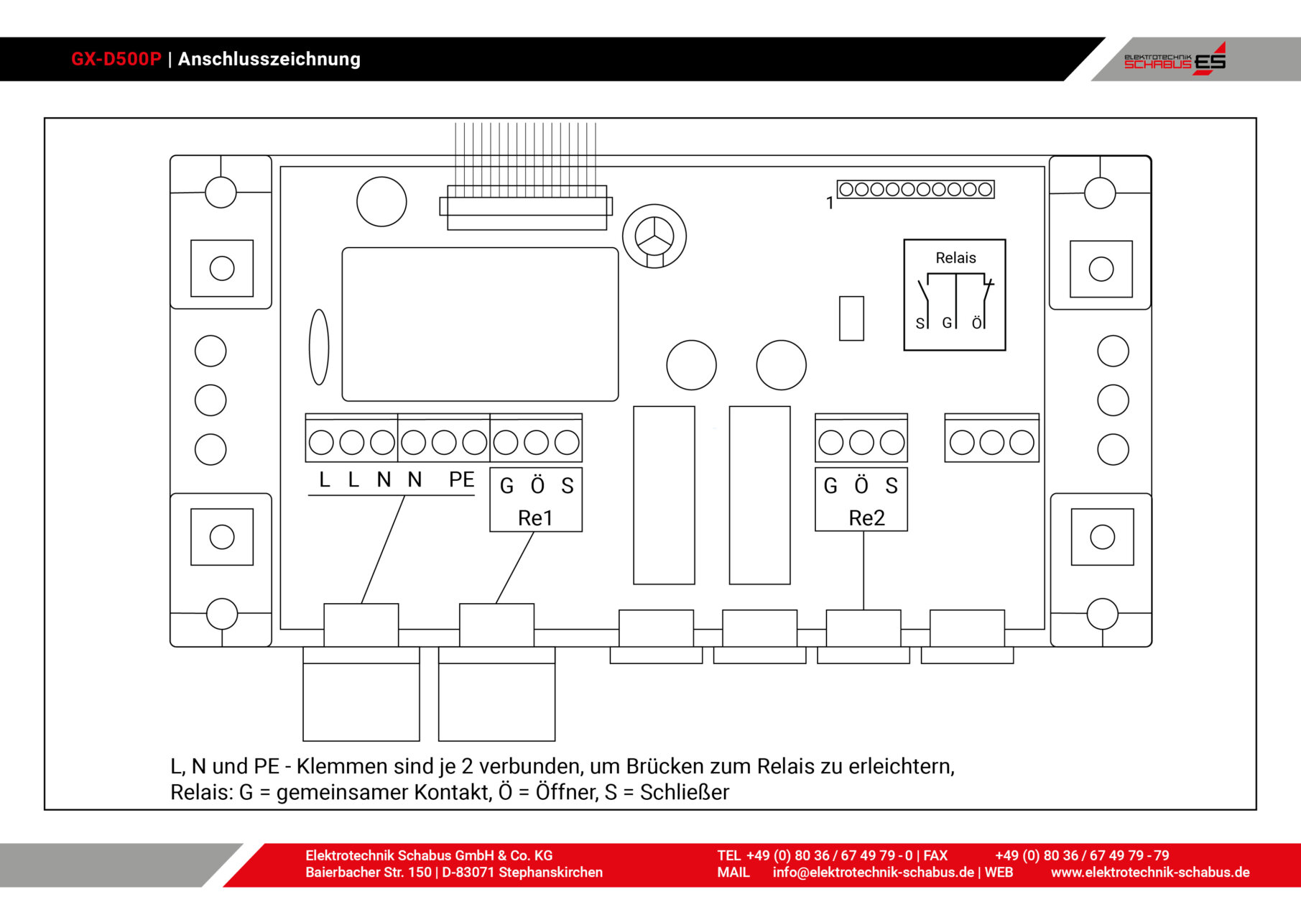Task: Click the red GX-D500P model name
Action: pos(116,59)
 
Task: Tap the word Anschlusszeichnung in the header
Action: pos(269,59)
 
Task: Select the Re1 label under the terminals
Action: pos(535,518)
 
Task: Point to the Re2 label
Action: pos(866,518)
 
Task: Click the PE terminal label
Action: pos(461,480)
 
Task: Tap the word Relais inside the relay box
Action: pos(955,258)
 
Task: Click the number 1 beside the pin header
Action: pos(830,203)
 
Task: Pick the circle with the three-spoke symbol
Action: pos(654,236)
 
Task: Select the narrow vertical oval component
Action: pos(319,347)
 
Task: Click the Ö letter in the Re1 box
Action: pos(537,486)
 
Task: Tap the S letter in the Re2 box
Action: pos(892,486)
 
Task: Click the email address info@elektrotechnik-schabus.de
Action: pos(873,873)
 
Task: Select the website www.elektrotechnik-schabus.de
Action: pos(1149,873)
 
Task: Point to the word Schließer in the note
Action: pos(684,792)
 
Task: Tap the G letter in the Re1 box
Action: pos(506,486)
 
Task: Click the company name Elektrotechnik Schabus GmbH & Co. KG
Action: pos(429,855)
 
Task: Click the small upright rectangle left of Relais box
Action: pos(851,318)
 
